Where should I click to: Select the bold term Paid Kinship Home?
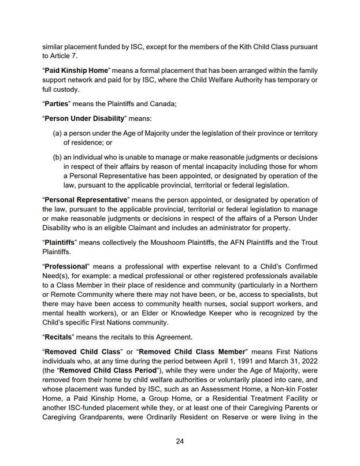(77, 70)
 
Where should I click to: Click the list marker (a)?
(58, 133)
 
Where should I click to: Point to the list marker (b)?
(58, 158)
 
